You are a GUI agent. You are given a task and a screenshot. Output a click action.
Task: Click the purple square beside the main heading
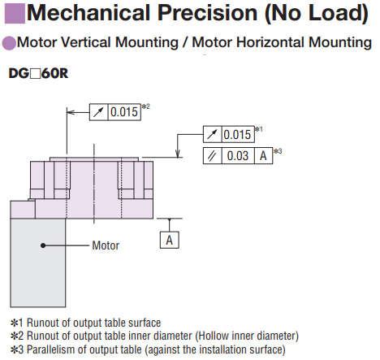[x=15, y=13]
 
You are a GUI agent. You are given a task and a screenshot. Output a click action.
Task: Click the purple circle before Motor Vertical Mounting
[x=9, y=43]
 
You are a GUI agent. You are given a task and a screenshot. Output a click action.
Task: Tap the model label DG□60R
[x=38, y=73]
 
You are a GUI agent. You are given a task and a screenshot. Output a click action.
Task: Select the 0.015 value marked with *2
[x=124, y=112]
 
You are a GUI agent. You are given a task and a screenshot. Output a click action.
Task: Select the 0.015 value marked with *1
[x=237, y=134]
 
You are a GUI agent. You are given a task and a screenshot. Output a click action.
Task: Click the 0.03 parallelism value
[x=238, y=156]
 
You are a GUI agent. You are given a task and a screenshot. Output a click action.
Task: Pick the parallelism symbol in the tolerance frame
[x=212, y=156]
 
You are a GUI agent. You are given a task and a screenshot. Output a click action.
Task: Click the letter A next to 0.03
[x=263, y=156]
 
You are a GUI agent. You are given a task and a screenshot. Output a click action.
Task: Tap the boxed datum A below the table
[x=170, y=240]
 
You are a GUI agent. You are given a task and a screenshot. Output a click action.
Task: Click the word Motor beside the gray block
[x=106, y=245]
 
